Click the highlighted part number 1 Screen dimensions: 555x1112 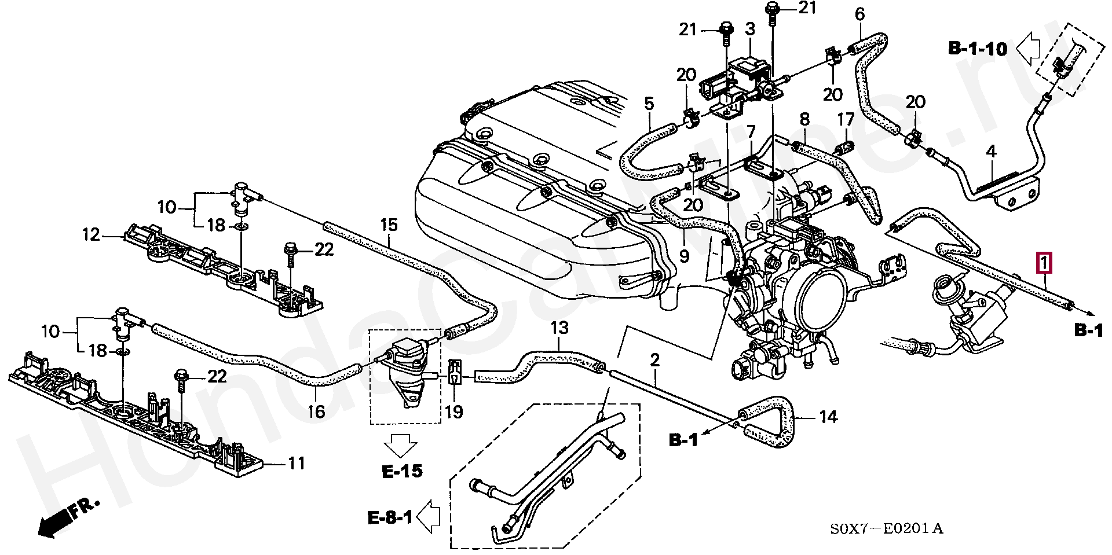1044,263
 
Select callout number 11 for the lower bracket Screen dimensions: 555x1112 297,463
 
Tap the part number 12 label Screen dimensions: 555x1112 91,235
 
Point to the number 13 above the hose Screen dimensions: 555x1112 559,329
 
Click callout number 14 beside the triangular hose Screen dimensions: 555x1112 829,416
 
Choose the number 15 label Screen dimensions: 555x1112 389,225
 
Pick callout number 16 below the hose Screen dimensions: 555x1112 316,411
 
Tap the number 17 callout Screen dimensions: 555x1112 846,120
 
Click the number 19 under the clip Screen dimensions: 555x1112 454,411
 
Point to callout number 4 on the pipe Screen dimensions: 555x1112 991,152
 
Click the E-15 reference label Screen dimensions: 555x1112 402,472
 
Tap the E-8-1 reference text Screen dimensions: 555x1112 390,517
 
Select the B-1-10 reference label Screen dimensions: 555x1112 978,49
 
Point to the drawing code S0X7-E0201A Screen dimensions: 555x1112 887,528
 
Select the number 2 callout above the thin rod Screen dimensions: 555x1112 654,361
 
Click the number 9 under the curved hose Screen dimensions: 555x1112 684,255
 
